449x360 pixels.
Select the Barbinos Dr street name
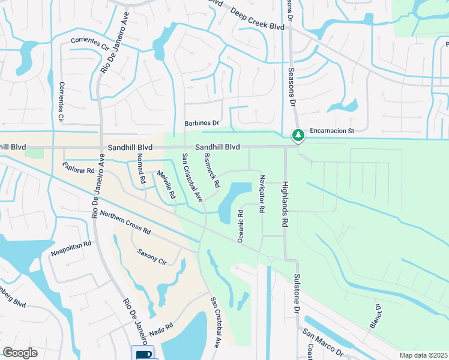201,124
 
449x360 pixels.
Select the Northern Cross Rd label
125,222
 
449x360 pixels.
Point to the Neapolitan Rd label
71,244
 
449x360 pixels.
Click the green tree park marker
297,136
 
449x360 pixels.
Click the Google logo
20,353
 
